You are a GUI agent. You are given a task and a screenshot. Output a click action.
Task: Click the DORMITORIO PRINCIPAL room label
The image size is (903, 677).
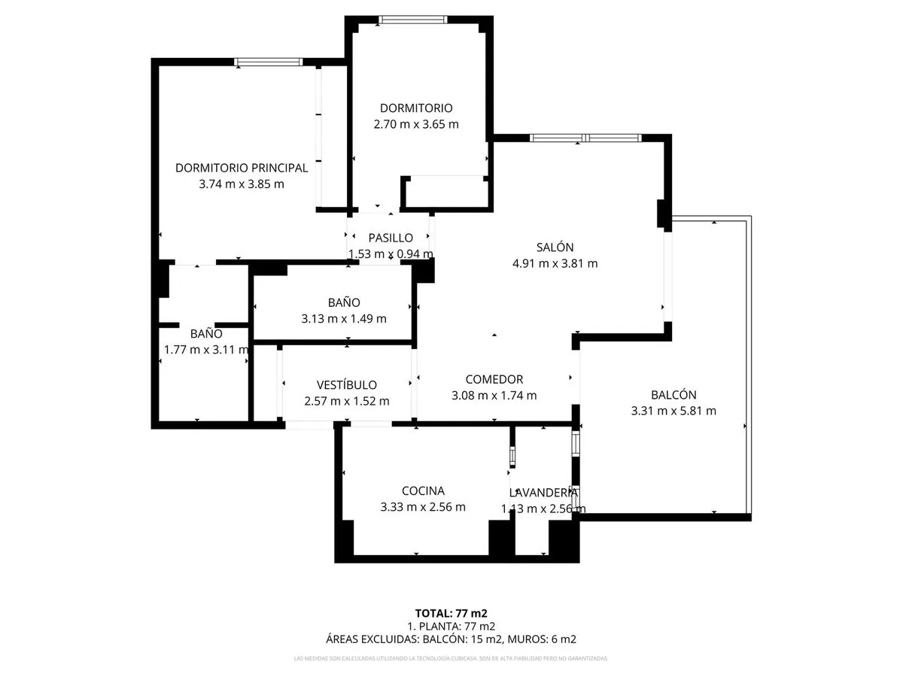point(242,168)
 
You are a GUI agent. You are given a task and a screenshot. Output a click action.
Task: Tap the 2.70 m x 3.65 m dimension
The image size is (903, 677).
point(416,124)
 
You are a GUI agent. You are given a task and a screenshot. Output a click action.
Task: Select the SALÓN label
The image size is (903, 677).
point(555,247)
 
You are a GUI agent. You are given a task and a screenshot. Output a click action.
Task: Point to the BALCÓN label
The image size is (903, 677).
point(673,394)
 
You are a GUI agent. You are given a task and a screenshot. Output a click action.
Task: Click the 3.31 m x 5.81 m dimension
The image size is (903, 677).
point(673,411)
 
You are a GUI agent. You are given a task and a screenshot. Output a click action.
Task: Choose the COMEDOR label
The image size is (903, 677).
point(494,379)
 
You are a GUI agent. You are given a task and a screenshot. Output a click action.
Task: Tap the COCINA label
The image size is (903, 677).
point(423,490)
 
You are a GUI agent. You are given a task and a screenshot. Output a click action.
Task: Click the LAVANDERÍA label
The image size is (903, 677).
point(543,493)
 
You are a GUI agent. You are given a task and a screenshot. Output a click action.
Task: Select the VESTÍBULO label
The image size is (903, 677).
point(346,385)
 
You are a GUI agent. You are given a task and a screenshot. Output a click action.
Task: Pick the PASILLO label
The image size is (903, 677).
point(391,238)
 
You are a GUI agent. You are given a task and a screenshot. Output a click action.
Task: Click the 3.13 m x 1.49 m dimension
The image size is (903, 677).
point(344,318)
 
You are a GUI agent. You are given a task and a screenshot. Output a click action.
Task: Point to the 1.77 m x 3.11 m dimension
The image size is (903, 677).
point(206,349)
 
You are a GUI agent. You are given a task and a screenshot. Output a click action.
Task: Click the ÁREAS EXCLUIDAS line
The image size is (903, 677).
point(451,639)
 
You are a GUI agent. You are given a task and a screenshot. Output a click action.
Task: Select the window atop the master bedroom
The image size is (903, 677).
point(268,62)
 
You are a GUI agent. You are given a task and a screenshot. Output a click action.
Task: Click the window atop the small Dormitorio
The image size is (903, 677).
point(412,20)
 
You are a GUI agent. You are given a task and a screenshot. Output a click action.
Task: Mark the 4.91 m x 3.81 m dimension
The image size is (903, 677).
point(555,263)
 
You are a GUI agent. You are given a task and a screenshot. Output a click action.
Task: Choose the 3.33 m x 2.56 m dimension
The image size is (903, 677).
point(423,507)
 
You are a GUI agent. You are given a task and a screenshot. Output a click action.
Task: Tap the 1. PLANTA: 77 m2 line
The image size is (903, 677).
point(451,626)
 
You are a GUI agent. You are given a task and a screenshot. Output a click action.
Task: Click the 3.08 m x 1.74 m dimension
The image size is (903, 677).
point(494,396)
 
